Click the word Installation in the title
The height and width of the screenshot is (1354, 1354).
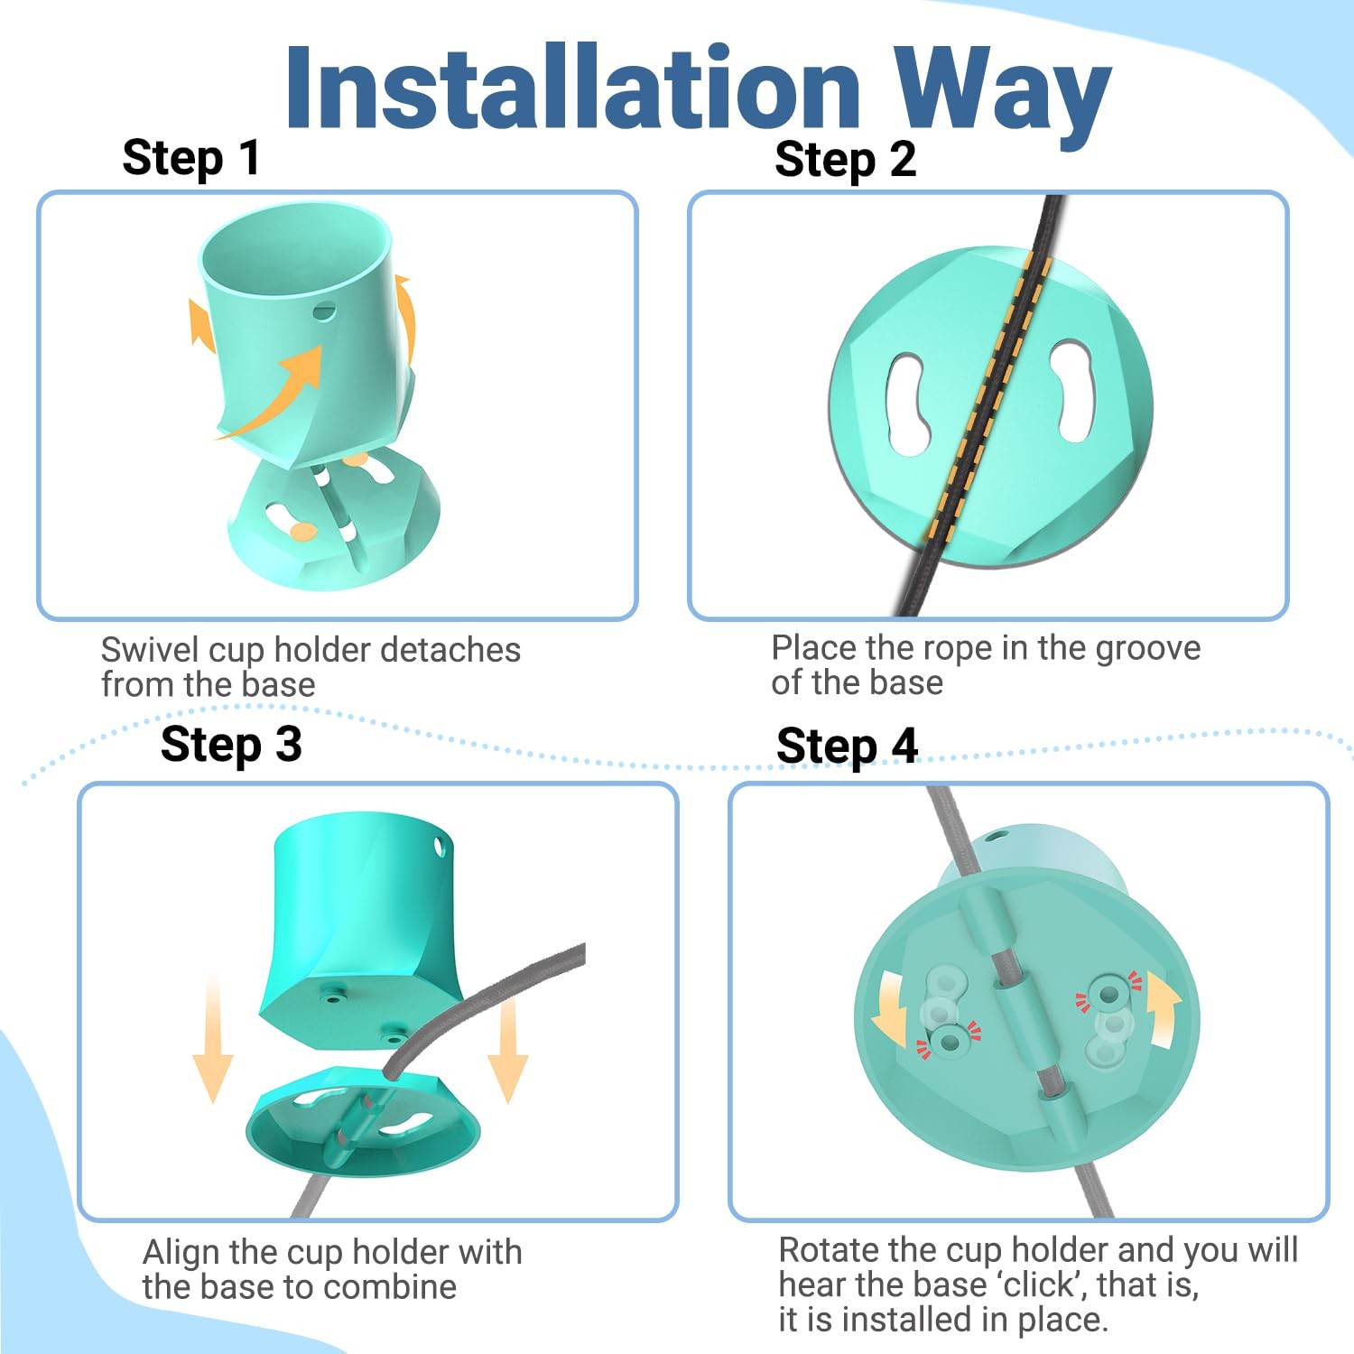pyautogui.click(x=574, y=88)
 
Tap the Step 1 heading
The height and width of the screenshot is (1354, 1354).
pyautogui.click(x=191, y=158)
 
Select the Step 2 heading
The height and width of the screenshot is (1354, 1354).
pyautogui.click(x=846, y=160)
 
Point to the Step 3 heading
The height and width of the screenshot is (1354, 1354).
pyautogui.click(x=231, y=746)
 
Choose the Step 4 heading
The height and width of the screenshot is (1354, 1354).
pyautogui.click(x=847, y=747)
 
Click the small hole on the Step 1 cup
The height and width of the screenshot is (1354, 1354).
pyautogui.click(x=324, y=311)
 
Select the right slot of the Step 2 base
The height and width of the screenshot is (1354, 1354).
pyautogui.click(x=1072, y=391)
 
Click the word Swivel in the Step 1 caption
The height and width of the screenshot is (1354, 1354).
pyautogui.click(x=150, y=650)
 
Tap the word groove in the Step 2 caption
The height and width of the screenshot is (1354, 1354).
pyautogui.click(x=1148, y=649)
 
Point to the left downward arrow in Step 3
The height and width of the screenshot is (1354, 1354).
pyautogui.click(x=213, y=1038)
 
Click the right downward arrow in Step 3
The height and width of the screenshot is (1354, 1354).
pyautogui.click(x=508, y=1049)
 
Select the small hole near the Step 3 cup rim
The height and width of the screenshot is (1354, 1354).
pyautogui.click(x=440, y=847)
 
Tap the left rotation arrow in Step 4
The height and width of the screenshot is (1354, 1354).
pyautogui.click(x=893, y=1007)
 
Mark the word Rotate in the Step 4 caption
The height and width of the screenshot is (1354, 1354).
pyautogui.click(x=828, y=1251)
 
